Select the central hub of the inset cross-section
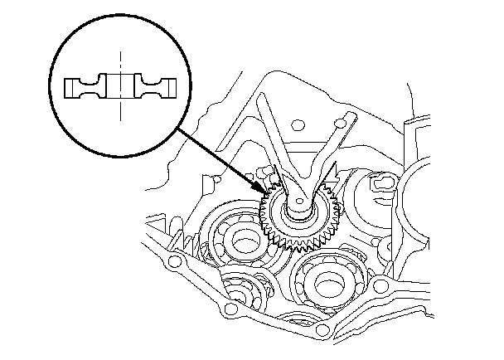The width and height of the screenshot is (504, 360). (x=121, y=85)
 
